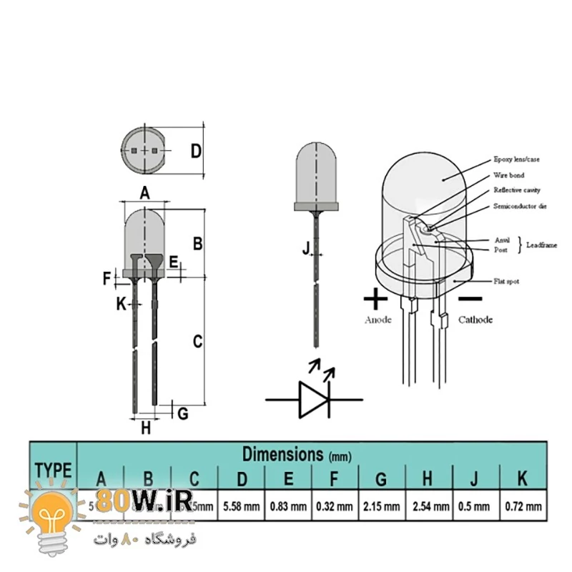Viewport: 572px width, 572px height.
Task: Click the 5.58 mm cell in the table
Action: [x=242, y=507]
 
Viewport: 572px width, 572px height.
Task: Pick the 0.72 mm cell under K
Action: [x=523, y=507]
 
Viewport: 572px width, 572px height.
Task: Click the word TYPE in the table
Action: [x=53, y=470]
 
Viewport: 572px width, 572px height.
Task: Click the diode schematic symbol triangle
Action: [x=312, y=399]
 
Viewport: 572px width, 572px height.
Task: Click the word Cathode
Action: [x=475, y=320]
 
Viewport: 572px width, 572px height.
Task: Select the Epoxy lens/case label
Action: [x=517, y=159]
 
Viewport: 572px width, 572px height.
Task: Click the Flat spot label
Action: [x=506, y=282]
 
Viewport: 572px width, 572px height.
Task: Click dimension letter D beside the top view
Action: [x=196, y=151]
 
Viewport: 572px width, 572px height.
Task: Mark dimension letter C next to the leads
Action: [x=198, y=342]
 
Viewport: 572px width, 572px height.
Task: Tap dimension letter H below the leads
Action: [x=146, y=428]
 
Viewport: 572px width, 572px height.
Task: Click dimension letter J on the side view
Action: [x=306, y=248]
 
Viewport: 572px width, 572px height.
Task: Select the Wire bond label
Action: [x=508, y=175]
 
